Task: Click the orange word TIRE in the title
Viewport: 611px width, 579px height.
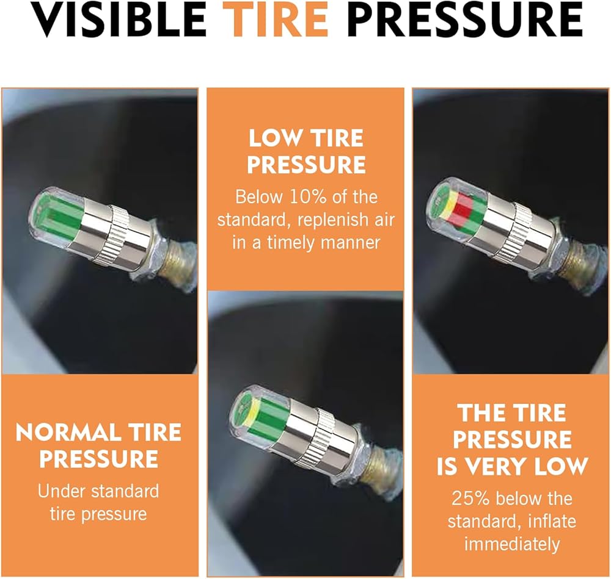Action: click(277, 20)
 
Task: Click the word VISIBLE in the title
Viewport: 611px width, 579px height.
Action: click(118, 20)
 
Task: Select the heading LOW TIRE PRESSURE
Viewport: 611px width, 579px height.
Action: click(306, 151)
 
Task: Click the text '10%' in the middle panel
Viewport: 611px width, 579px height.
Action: click(308, 197)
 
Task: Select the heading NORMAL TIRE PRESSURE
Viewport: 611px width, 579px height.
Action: click(98, 445)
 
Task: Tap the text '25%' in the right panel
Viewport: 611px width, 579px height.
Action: click(470, 498)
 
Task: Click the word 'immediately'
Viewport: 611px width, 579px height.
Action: click(511, 544)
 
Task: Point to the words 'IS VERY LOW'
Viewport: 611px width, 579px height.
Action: click(512, 466)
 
